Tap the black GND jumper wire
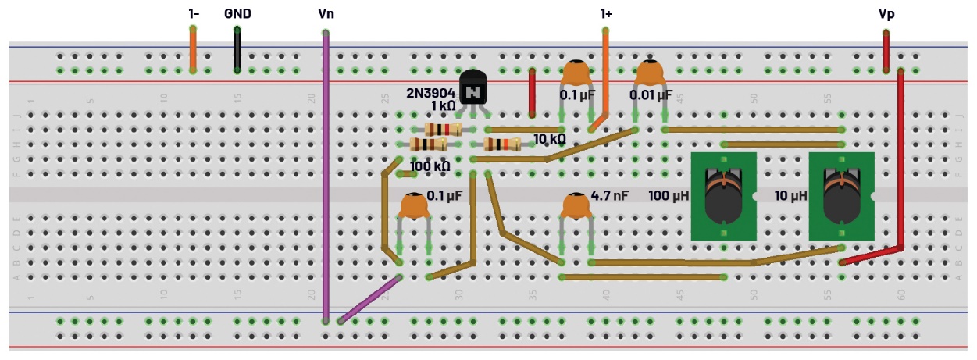click(x=237, y=50)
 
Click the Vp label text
click(x=886, y=14)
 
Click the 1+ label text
click(x=605, y=14)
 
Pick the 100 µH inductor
click(x=724, y=197)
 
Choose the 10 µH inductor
click(x=841, y=197)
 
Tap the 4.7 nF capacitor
click(x=577, y=206)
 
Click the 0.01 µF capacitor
click(x=650, y=74)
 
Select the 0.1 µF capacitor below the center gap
click(x=414, y=206)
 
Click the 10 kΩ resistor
click(x=502, y=144)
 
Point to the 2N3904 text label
click(x=430, y=92)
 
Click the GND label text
click(x=237, y=14)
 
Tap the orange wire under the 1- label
click(x=193, y=49)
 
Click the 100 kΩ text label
click(x=430, y=166)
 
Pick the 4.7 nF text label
click(x=610, y=196)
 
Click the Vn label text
click(x=326, y=14)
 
